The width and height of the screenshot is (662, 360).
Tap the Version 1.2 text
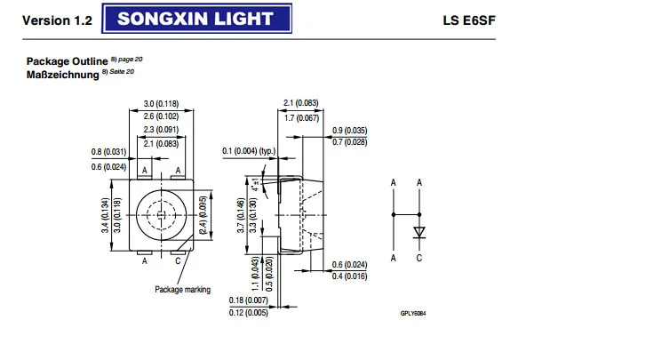[57, 19]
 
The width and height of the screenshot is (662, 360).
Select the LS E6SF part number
[613, 19]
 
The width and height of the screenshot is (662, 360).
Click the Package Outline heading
[60, 61]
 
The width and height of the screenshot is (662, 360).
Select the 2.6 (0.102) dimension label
[162, 116]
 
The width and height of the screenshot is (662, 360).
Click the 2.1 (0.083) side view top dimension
[299, 103]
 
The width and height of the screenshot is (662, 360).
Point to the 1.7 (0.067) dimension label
[299, 117]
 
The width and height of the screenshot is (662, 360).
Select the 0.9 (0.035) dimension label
[349, 132]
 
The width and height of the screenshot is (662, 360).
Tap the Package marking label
[182, 290]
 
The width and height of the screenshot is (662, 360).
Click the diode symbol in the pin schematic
[419, 233]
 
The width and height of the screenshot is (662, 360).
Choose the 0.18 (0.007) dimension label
[248, 300]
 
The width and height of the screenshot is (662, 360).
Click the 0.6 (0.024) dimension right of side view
[349, 265]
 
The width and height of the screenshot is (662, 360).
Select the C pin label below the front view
[178, 261]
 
